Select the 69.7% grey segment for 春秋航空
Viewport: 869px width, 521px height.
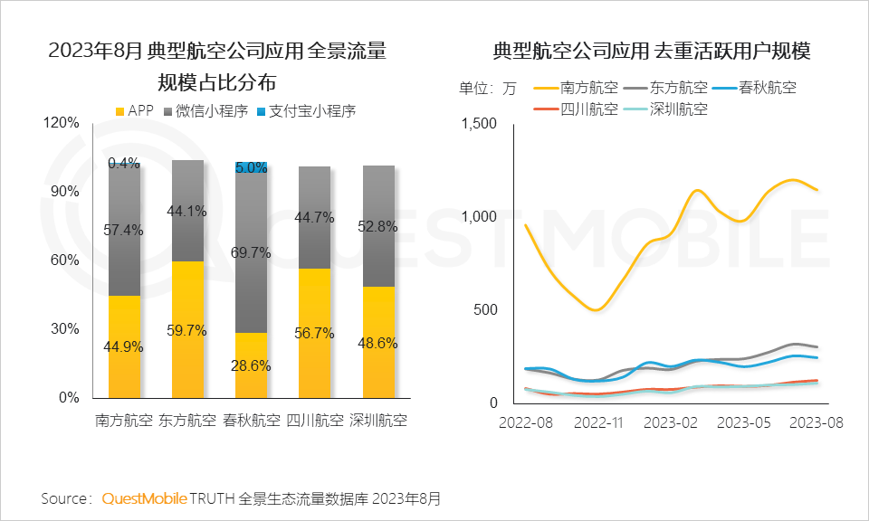[x=251, y=252]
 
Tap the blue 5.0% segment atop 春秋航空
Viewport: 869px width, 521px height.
[x=251, y=167]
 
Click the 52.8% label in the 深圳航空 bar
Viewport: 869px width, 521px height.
[x=377, y=227]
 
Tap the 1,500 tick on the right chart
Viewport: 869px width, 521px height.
[x=480, y=124]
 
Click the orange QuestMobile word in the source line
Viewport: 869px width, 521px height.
[x=145, y=498]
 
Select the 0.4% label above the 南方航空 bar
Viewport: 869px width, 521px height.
[x=124, y=164]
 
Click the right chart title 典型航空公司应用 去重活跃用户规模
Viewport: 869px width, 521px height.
[x=651, y=52]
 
